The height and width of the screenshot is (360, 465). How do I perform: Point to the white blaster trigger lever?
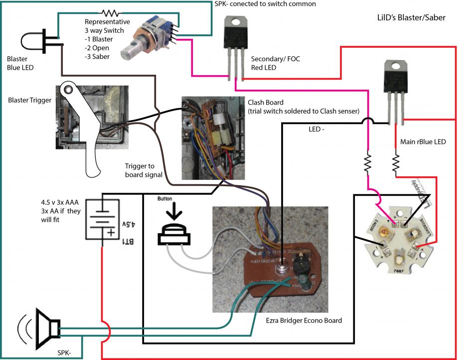point(82,124)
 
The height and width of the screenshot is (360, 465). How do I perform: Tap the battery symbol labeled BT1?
point(102,219)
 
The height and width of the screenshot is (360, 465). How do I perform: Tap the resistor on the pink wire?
point(368,162)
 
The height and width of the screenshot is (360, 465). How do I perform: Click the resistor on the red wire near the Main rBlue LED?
point(396,162)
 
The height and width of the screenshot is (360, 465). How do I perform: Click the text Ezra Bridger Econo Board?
point(304,320)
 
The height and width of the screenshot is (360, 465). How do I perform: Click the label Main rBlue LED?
point(423,142)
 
